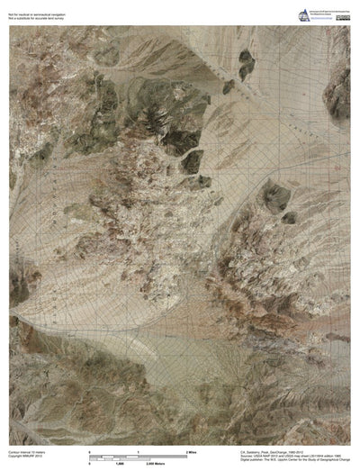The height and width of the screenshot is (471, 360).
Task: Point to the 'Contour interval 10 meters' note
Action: (30, 446)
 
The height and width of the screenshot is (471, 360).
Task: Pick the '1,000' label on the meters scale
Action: (121, 462)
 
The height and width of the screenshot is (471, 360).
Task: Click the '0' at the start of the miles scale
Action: (90, 449)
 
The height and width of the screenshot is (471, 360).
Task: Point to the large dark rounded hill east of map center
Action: (273, 195)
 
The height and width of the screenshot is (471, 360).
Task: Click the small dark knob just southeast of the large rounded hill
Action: (289, 217)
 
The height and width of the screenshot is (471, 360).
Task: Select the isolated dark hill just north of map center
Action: (192, 162)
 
